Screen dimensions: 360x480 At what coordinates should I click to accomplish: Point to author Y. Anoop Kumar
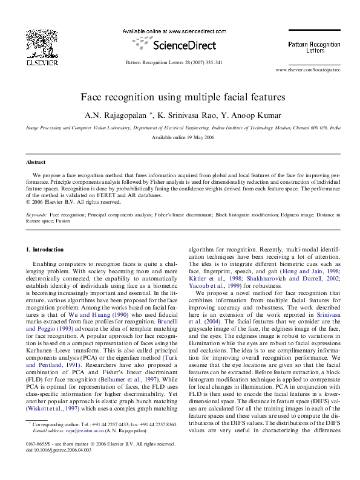[249, 114]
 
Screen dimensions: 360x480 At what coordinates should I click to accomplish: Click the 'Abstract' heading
[36, 163]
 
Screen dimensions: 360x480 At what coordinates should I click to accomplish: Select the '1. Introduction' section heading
[45, 250]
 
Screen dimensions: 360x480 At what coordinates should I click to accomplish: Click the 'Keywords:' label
[37, 215]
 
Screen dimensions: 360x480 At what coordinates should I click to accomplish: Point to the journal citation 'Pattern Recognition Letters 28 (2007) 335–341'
[174, 62]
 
